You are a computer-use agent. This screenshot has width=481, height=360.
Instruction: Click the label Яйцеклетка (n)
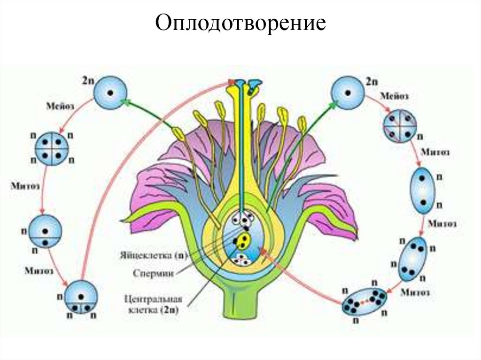pyautogui.click(x=152, y=255)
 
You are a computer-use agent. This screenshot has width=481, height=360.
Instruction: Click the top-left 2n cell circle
pyautogui.click(x=110, y=92)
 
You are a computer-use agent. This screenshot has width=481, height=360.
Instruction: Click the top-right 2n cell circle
pyautogui.click(x=348, y=92)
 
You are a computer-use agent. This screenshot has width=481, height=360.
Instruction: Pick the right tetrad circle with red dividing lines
pyautogui.click(x=400, y=126)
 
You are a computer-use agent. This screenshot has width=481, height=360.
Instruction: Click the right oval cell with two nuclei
pyautogui.click(x=423, y=191)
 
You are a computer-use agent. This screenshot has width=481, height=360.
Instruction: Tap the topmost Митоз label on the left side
pyautogui.click(x=26, y=184)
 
